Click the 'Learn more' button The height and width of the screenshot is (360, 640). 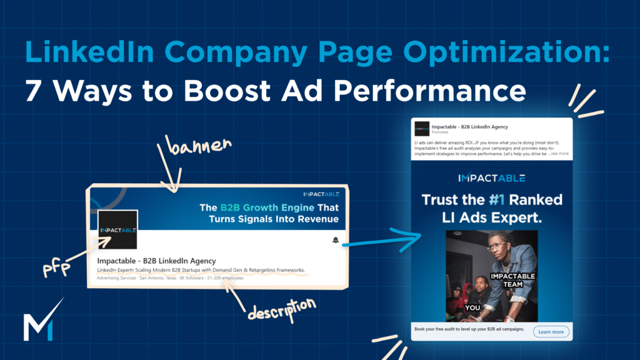point(551,332)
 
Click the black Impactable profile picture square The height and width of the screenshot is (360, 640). point(117,229)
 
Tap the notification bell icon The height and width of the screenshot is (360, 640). point(336,241)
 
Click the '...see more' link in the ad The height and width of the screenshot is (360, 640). point(558,153)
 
